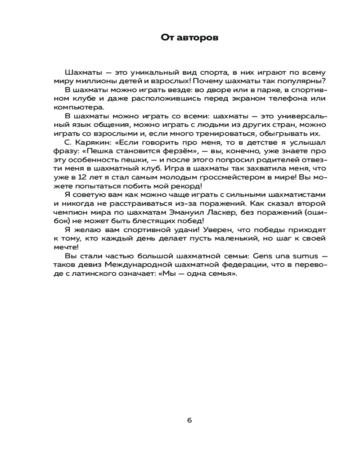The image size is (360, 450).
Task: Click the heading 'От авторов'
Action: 189,38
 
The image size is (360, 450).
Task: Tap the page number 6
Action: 189,421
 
